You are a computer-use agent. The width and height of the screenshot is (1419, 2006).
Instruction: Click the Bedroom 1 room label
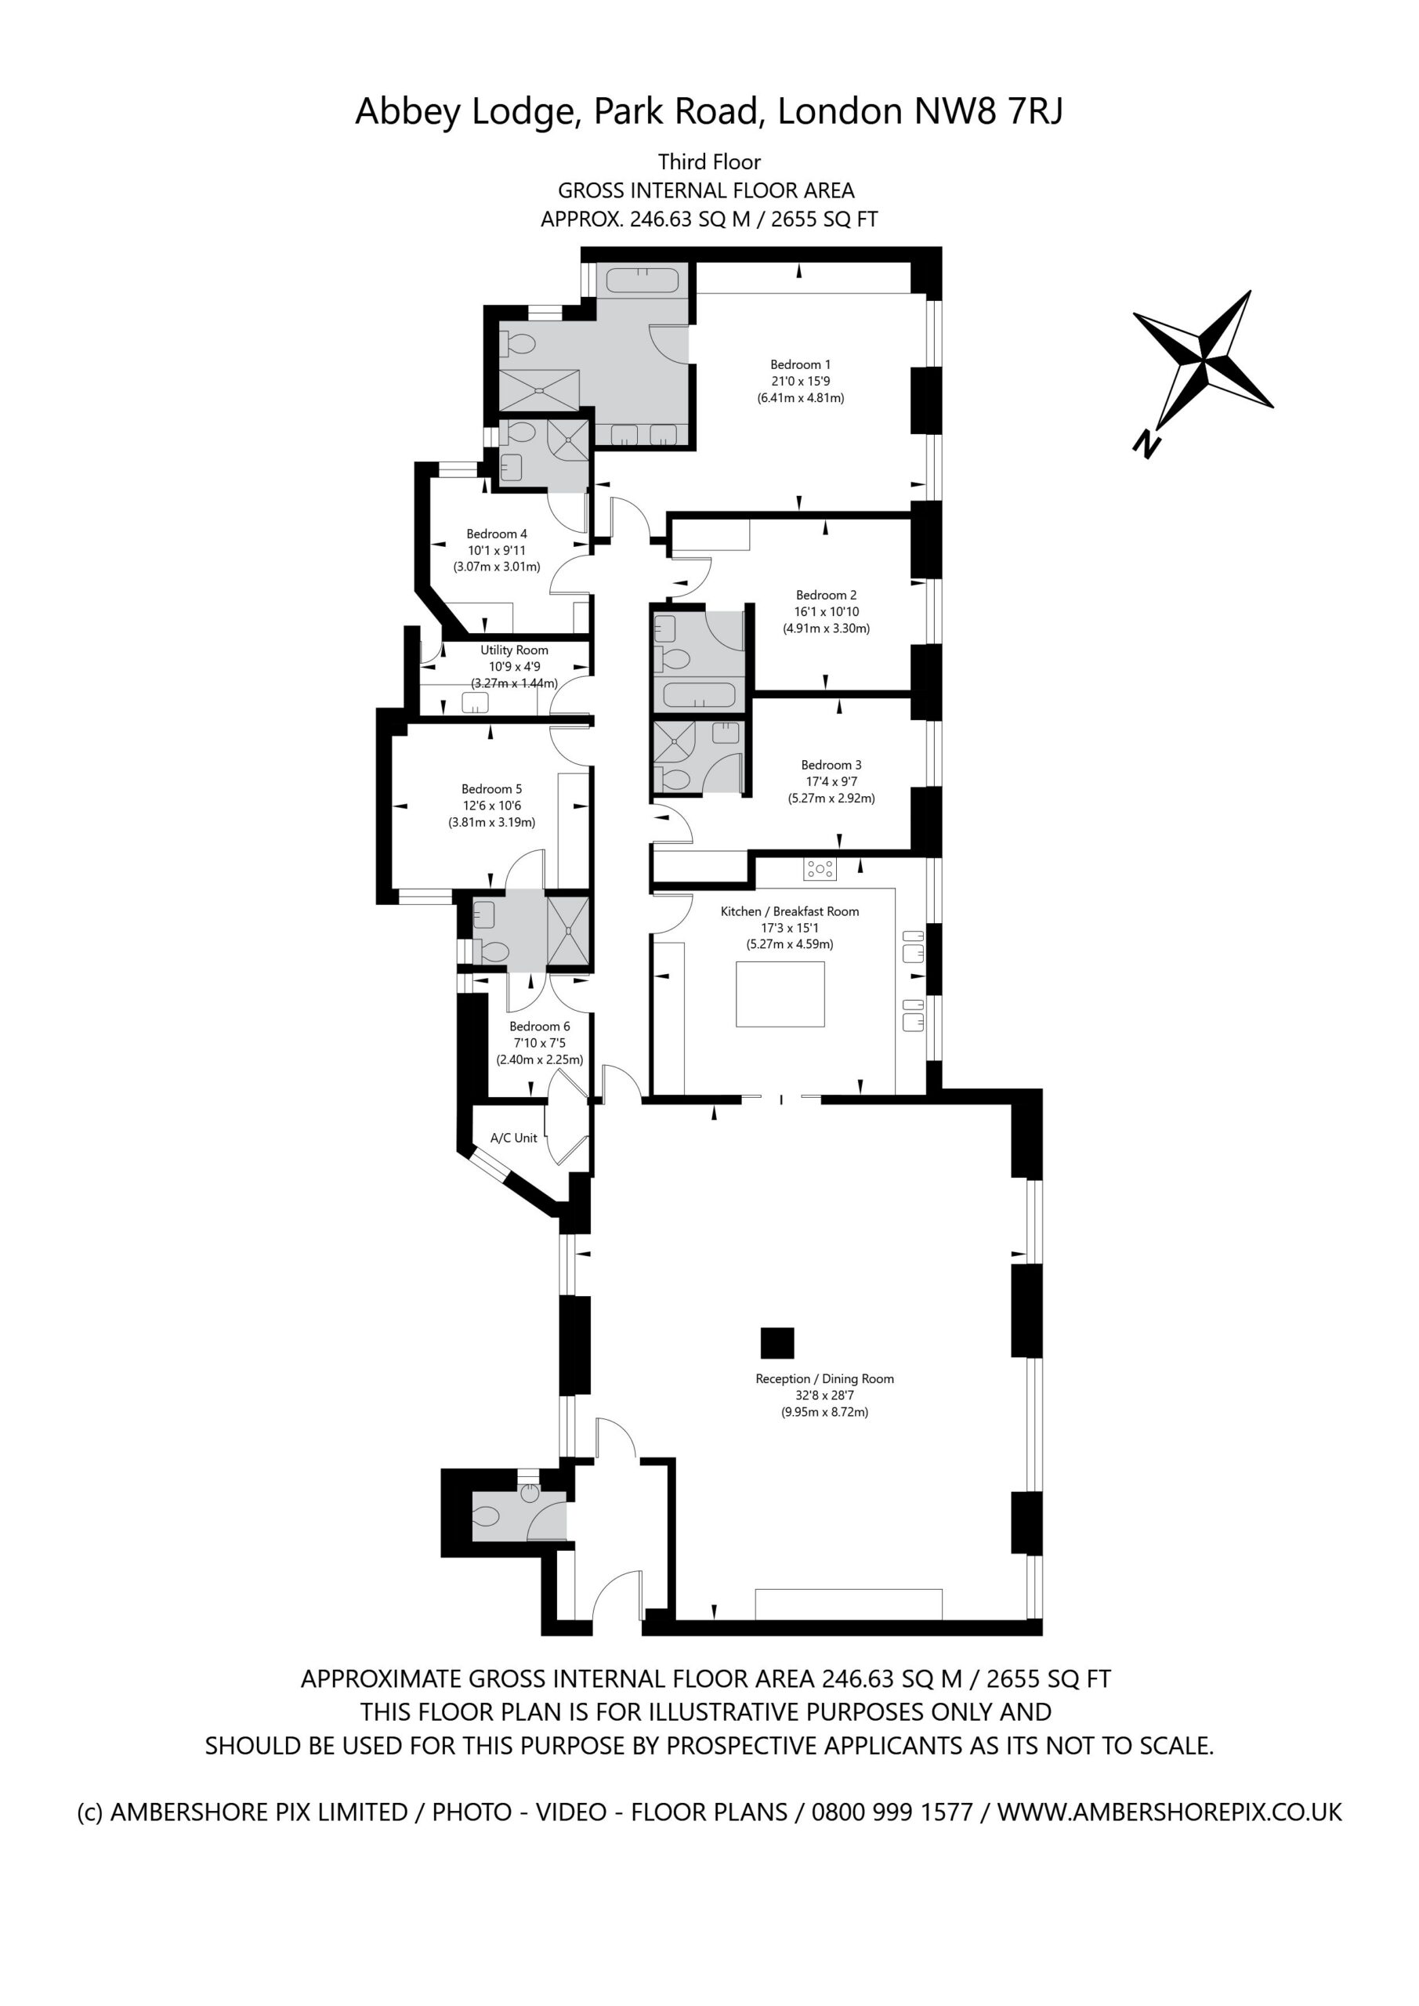click(x=800, y=364)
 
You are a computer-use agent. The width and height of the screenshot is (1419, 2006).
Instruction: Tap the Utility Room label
click(x=514, y=650)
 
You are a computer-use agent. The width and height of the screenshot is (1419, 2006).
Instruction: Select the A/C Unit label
click(x=514, y=1138)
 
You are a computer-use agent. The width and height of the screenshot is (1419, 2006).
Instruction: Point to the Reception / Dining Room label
click(x=825, y=1378)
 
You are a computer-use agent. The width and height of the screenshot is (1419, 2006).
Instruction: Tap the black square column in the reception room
click(x=776, y=1344)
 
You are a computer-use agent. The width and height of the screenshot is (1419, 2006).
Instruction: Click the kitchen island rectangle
click(x=780, y=994)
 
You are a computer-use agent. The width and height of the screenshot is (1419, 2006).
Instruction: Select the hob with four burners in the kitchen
click(x=820, y=868)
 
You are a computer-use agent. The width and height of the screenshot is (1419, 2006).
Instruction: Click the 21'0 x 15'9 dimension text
click(x=800, y=381)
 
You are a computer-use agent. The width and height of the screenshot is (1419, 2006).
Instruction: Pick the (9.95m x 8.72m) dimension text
click(x=825, y=1412)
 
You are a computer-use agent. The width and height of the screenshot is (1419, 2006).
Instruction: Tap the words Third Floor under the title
click(x=710, y=161)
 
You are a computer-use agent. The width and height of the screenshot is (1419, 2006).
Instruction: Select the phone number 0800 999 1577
click(x=892, y=1812)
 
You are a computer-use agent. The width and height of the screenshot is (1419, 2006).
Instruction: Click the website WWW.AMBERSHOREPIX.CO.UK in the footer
click(x=1170, y=1812)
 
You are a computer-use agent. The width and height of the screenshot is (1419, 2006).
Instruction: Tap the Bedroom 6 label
click(x=540, y=1026)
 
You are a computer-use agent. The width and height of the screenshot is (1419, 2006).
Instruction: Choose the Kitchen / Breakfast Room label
click(x=790, y=911)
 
